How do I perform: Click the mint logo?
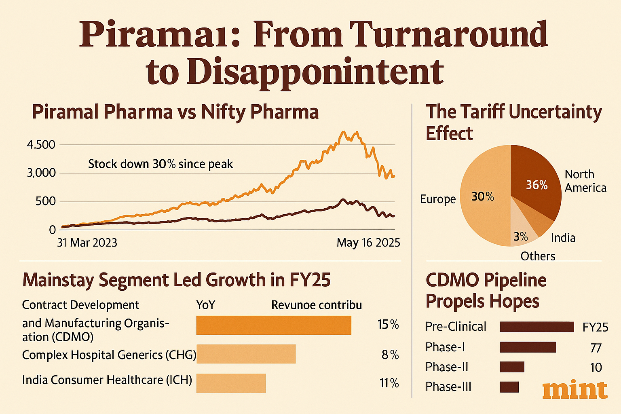tap(575, 390)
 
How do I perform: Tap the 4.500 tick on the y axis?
tap(41, 145)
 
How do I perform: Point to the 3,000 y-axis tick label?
tap(41, 173)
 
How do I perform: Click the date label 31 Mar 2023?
tap(87, 243)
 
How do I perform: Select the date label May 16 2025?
tap(368, 243)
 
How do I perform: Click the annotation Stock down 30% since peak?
tap(161, 164)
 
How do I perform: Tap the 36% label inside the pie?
tap(537, 185)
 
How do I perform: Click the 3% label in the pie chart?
tap(521, 237)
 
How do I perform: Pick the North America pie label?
tap(585, 181)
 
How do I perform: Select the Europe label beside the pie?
tap(438, 199)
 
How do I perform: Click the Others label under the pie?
tap(538, 256)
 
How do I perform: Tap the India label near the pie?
tap(563, 238)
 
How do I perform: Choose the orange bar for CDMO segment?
tap(274, 325)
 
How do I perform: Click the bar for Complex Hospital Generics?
tap(246, 354)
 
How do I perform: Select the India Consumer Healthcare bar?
tap(231, 383)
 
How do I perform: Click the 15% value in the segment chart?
tap(388, 325)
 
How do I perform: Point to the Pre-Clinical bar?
tap(537, 327)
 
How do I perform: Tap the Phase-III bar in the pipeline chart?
tap(509, 387)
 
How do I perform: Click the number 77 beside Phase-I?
tap(596, 348)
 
